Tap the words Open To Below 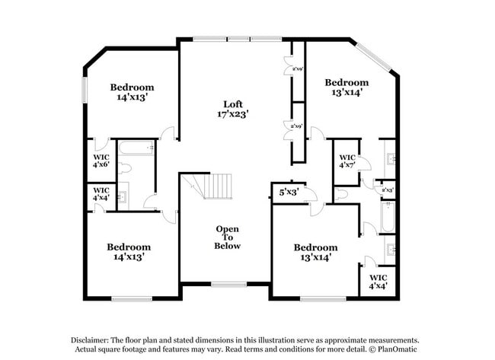click(228, 237)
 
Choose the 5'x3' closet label click(288, 193)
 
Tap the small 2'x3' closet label click(388, 190)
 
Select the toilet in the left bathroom click(128, 167)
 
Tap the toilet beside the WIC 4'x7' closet click(342, 195)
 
